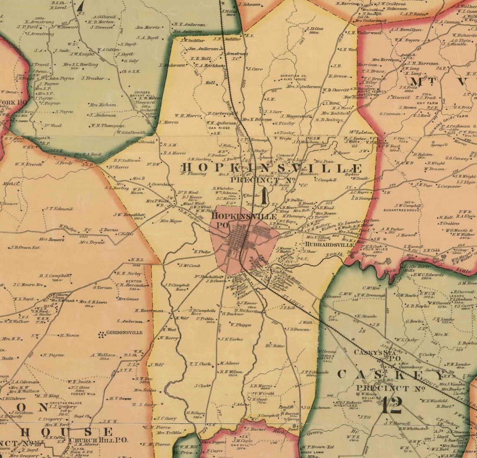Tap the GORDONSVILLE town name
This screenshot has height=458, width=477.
pos(125,333)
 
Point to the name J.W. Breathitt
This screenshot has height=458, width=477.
pos(128,215)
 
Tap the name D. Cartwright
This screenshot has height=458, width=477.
pos(222,113)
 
